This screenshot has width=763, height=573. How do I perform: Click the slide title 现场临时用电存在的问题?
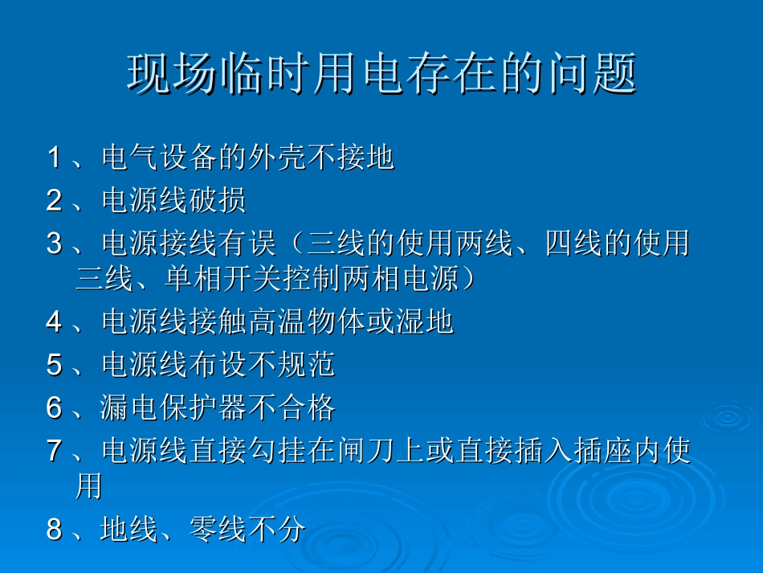pos(381,74)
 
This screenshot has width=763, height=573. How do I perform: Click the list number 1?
pos(54,158)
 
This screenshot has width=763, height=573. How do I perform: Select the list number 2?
pos(54,200)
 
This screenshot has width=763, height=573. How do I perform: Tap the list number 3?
pos(54,242)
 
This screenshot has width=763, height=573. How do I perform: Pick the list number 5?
pos(54,366)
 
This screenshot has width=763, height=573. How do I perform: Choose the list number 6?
pos(54,408)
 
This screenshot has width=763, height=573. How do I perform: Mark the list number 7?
pos(54,451)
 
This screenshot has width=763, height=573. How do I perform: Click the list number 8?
pos(54,530)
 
